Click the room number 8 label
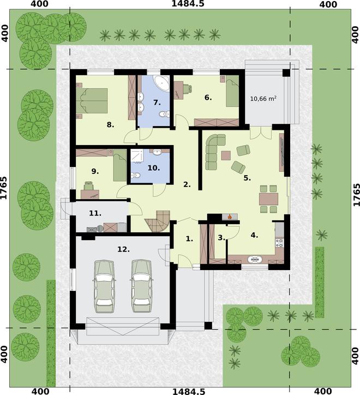tap(110, 125)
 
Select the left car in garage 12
tap(105, 285)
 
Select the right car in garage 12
tap(142, 285)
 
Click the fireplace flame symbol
tap(230, 217)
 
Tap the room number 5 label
tap(247, 177)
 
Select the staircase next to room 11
tap(155, 221)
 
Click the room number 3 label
tap(221, 237)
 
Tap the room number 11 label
tap(95, 213)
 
